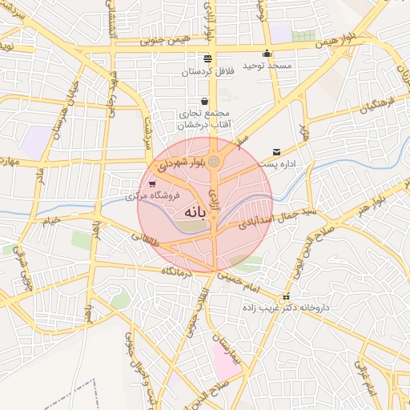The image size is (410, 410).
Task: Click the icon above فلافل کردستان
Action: click(208, 58)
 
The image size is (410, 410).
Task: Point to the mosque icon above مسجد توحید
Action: click(267, 54)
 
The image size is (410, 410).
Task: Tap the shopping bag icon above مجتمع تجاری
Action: click(205, 102)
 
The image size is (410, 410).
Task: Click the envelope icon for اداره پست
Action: click(277, 152)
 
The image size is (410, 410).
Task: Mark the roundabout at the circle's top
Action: click(215, 163)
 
